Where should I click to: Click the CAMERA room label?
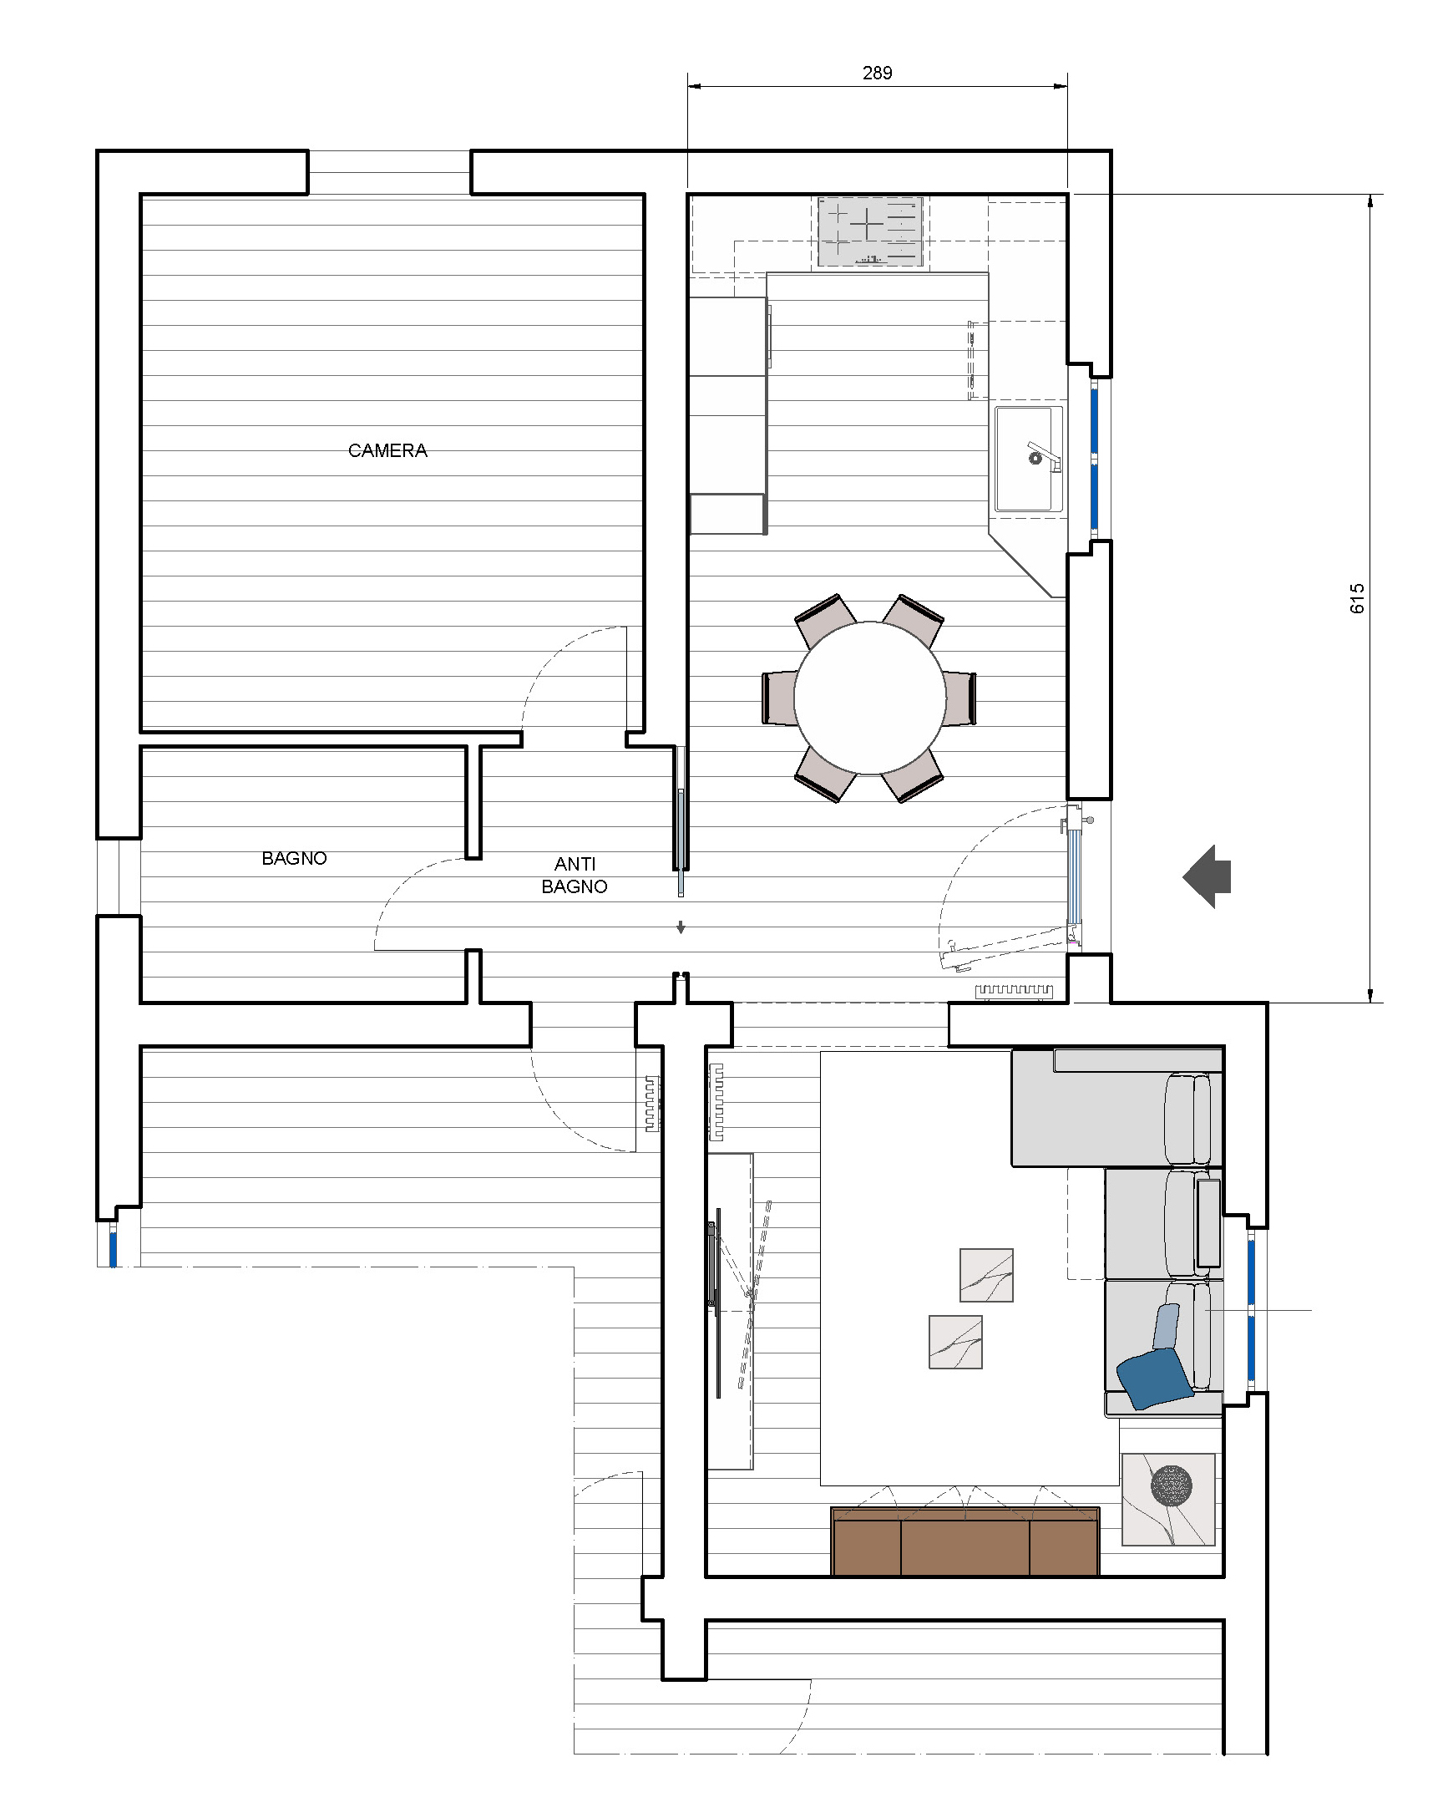[387, 450]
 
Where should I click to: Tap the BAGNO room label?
[294, 858]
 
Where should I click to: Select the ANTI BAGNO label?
[574, 875]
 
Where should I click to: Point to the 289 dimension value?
[877, 73]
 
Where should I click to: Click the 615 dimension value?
[1356, 598]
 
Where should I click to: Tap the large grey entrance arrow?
[1207, 876]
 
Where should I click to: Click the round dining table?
[869, 698]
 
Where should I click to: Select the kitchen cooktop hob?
[870, 232]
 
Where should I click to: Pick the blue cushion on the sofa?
[1154, 1378]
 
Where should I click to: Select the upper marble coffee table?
[986, 1275]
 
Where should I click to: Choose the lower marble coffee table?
[955, 1342]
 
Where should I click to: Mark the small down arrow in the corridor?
[681, 927]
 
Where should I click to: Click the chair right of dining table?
[959, 698]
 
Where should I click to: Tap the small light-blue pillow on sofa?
[1167, 1328]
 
